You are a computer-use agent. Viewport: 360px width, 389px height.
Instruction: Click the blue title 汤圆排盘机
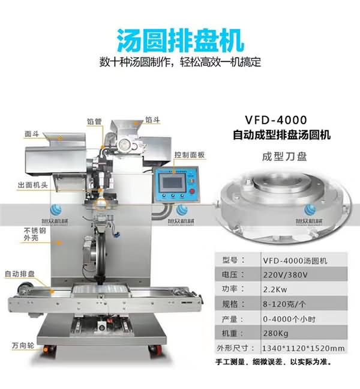pos(181,41)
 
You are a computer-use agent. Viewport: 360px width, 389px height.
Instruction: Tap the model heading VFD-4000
pos(276,120)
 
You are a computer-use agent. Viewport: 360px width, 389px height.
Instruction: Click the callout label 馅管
pos(94,121)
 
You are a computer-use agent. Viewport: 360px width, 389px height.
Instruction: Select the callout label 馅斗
pos(152,120)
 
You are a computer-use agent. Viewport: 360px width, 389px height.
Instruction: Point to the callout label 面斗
pos(32,134)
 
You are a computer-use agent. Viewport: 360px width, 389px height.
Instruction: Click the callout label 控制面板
pos(190,155)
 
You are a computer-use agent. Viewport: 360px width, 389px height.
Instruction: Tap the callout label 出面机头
pos(32,185)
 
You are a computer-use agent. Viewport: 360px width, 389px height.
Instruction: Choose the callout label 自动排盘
pos(20,274)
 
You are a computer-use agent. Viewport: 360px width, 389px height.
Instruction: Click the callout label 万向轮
pos(23,345)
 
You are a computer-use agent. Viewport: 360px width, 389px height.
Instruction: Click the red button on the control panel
pos(192,191)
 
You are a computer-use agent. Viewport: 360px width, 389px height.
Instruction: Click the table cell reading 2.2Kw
pos(275,289)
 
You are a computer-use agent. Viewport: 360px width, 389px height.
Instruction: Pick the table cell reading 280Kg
pos(275,333)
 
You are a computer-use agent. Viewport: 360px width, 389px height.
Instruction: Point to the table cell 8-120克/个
pos(284,304)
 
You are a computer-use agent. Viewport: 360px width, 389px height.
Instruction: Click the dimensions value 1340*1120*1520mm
pos(303,348)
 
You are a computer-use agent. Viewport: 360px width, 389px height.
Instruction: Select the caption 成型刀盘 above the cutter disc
pos(284,157)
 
